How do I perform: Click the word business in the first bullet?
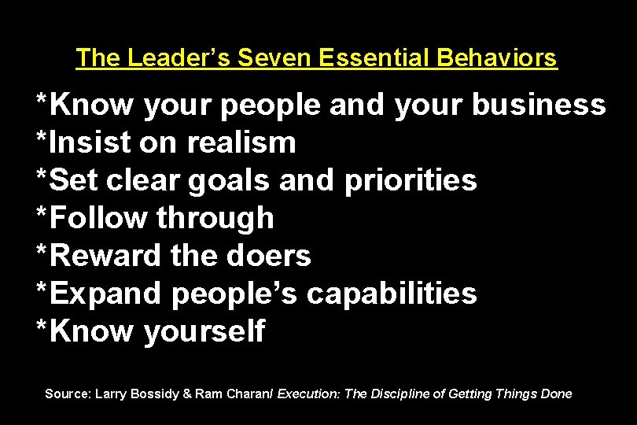(x=539, y=105)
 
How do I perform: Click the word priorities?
(x=411, y=180)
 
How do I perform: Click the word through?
(x=215, y=218)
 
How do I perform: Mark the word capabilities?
(x=392, y=294)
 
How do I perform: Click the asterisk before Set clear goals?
(x=42, y=176)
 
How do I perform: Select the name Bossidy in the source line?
(x=154, y=394)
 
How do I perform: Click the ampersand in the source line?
(x=187, y=394)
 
